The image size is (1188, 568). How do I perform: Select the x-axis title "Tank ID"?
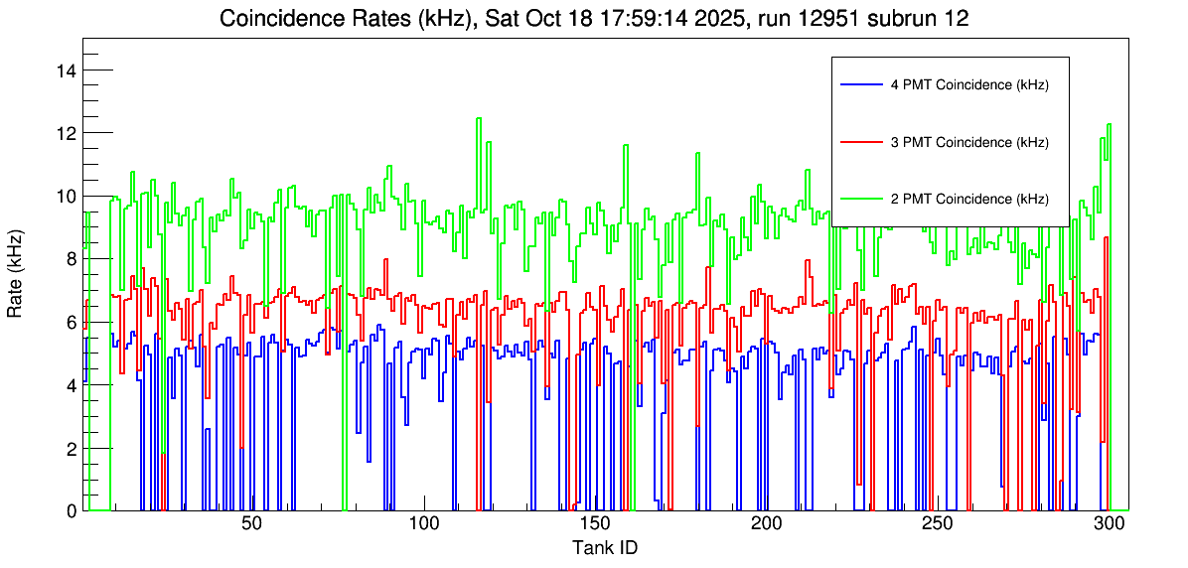pos(605,547)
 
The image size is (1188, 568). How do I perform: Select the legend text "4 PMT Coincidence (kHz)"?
pos(969,85)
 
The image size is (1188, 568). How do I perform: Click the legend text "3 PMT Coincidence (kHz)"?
pos(969,142)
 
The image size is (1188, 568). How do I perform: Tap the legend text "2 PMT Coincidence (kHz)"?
pos(969,199)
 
